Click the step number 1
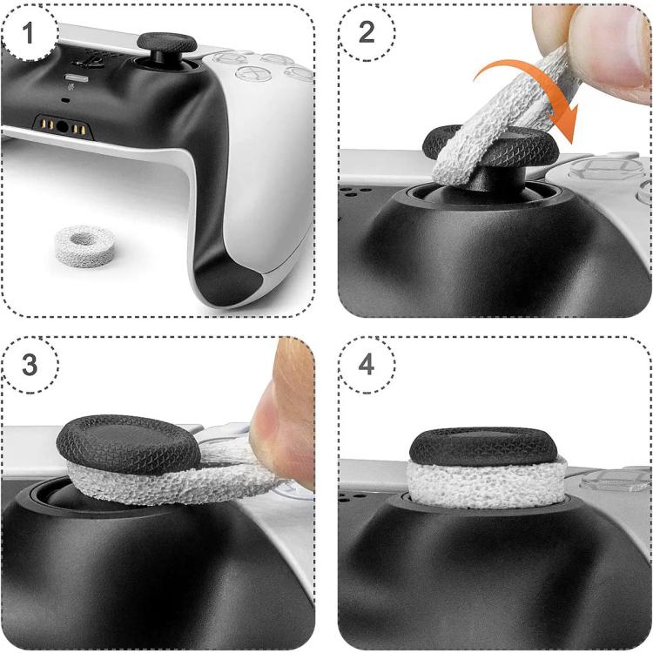coord(28,32)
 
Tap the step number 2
coord(367,32)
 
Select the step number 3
coord(30,365)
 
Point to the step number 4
coord(366,365)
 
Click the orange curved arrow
coord(537,79)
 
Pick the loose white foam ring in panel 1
coord(85,246)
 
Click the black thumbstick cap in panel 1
coord(166,43)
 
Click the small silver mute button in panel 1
coord(77,77)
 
